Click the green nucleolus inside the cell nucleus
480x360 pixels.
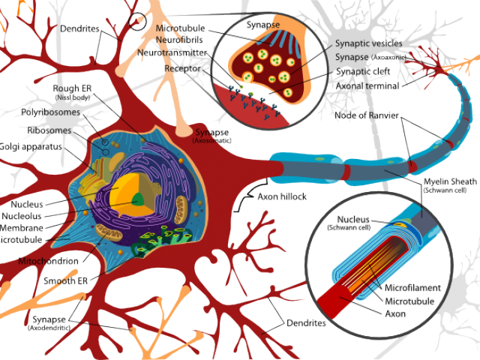[139, 199]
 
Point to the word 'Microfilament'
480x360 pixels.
[412, 287]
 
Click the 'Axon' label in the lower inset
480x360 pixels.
[396, 313]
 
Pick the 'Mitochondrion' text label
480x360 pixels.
[49, 261]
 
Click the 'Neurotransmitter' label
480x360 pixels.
[172, 53]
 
